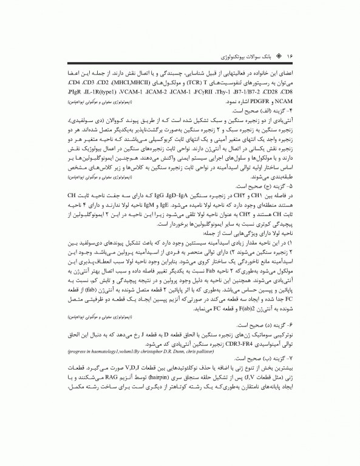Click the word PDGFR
[103, 103]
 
